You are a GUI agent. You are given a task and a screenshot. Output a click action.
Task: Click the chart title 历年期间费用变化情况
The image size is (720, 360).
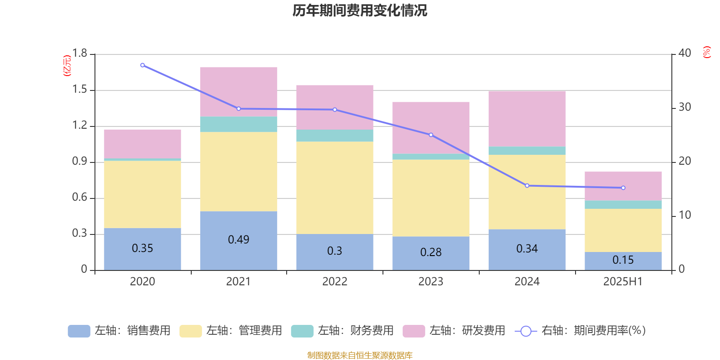pyautogui.click(x=360, y=11)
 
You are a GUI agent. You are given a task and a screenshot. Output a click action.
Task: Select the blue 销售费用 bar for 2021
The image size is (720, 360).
pyautogui.click(x=238, y=241)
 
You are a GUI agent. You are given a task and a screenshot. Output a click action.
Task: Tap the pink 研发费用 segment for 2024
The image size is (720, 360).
pyautogui.click(x=527, y=119)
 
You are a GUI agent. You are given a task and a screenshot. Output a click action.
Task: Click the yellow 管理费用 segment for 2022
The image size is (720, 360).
pyautogui.click(x=335, y=188)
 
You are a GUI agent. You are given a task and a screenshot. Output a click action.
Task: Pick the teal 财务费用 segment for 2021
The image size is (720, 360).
pyautogui.click(x=238, y=124)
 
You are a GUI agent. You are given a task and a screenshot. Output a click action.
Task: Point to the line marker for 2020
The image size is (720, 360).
pyautogui.click(x=143, y=65)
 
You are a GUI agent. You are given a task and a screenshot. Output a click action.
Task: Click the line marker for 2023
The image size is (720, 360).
pyautogui.click(x=431, y=135)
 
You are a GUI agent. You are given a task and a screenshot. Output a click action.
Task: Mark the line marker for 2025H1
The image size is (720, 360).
pyautogui.click(x=623, y=188)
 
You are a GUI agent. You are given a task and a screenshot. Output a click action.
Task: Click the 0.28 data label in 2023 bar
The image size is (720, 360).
pyautogui.click(x=431, y=252)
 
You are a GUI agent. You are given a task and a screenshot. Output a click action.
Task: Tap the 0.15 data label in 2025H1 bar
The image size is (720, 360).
pyautogui.click(x=623, y=260)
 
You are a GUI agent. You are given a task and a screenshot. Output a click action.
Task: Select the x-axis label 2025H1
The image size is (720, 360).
pyautogui.click(x=623, y=282)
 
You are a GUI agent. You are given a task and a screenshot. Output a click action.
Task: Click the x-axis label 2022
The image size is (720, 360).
pyautogui.click(x=335, y=282)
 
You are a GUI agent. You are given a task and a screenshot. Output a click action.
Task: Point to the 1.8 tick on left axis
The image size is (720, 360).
pyautogui.click(x=80, y=53)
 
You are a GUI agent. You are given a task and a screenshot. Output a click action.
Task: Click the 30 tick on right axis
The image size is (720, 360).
pyautogui.click(x=684, y=107)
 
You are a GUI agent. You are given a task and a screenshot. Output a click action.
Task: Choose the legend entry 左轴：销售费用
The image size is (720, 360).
pyautogui.click(x=119, y=331)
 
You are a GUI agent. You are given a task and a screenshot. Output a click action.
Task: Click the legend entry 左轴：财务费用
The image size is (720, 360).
pyautogui.click(x=342, y=331)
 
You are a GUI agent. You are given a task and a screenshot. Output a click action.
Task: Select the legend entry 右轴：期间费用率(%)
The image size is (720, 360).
pyautogui.click(x=580, y=331)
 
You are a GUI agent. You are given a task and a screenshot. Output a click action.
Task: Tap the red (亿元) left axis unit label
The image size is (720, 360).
pyautogui.click(x=67, y=66)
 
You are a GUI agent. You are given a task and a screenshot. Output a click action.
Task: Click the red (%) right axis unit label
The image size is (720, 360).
pyautogui.click(x=707, y=52)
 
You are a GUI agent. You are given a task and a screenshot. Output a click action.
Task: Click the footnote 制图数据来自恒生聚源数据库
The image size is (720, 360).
pyautogui.click(x=360, y=355)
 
